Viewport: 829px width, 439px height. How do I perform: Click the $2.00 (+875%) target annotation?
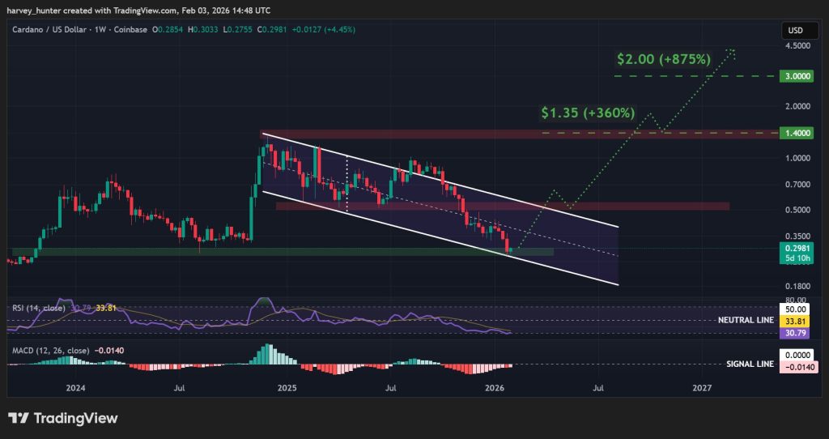663,59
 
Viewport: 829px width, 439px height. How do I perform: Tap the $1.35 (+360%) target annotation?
588,113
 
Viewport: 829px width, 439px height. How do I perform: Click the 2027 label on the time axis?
702,389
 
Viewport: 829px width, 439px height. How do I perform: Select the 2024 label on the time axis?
75,389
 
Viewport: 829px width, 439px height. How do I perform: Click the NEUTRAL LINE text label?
745,320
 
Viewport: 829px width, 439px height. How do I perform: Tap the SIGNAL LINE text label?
749,364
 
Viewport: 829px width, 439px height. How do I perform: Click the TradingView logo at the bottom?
63,418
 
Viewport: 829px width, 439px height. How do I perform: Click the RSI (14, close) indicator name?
38,308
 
